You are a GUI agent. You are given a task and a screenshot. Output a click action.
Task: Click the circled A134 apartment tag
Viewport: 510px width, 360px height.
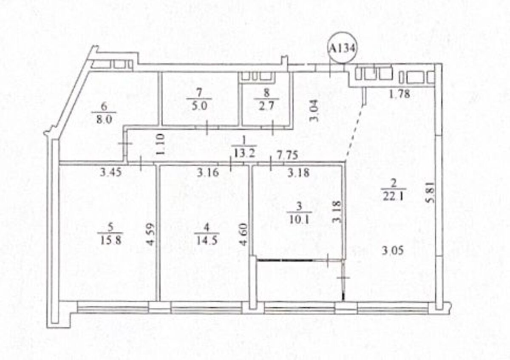[343, 48]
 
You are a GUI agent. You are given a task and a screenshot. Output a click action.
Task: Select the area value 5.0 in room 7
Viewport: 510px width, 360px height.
[199, 106]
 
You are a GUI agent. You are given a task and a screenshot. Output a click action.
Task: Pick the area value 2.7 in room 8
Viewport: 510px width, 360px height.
[267, 106]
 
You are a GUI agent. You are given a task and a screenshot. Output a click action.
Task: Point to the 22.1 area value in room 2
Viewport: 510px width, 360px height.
[393, 196]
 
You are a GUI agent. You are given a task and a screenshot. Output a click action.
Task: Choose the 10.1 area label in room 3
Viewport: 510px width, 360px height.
[299, 220]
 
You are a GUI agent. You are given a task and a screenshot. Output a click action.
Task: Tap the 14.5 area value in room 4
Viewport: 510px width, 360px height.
[207, 241]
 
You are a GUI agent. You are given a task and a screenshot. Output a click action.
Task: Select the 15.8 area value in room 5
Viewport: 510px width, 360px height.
[110, 241]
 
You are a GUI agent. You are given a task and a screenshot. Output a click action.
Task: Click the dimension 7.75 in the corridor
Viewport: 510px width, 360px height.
[287, 155]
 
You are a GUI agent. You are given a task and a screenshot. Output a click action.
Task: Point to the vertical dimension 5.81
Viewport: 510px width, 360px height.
[430, 192]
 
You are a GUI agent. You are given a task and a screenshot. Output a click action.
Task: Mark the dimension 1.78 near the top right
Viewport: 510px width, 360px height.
[400, 94]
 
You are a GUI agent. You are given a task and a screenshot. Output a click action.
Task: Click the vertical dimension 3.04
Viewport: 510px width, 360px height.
[314, 111]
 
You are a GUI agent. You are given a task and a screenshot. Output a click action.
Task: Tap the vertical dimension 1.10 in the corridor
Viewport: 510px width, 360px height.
[160, 145]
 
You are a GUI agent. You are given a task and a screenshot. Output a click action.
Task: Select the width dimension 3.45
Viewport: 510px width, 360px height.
[111, 173]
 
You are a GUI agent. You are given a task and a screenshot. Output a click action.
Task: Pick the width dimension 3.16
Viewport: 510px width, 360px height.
[208, 173]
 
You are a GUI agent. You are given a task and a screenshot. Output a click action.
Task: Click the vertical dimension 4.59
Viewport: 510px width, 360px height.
[150, 234]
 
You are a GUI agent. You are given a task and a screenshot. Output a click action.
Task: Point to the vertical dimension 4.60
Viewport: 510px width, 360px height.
[244, 234]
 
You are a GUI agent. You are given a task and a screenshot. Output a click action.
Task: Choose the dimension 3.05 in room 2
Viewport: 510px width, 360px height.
[393, 251]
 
